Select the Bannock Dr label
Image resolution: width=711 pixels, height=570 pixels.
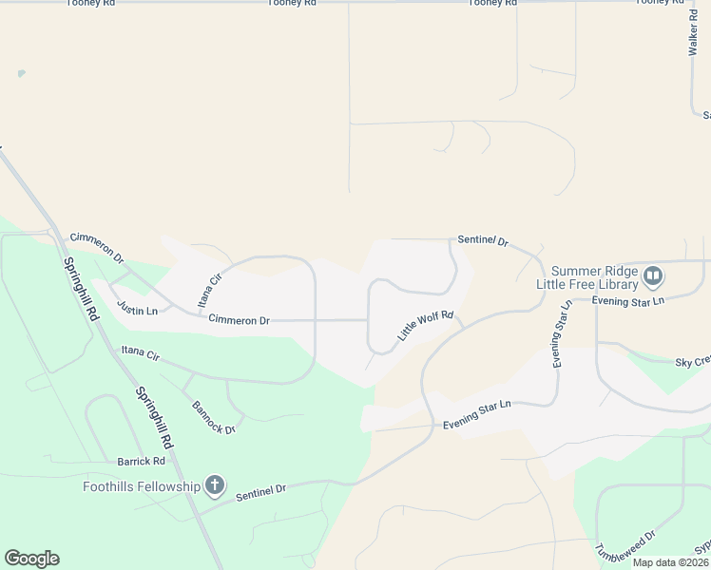(213, 416)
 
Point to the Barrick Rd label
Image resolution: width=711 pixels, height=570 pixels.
(141, 461)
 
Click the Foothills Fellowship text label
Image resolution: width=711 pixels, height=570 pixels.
(141, 487)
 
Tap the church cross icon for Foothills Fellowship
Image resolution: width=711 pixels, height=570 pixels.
(215, 486)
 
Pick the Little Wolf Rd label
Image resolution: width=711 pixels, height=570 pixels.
(426, 326)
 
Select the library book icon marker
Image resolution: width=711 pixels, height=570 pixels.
(653, 276)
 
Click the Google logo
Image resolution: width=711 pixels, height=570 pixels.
(31, 559)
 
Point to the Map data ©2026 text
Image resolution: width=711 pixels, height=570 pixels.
(671, 562)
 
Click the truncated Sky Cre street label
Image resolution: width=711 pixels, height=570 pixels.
(692, 363)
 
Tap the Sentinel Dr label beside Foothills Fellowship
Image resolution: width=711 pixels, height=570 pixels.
(260, 491)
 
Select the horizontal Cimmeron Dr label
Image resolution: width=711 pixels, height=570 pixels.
(239, 321)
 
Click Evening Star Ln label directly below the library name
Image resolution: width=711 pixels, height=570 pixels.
(627, 301)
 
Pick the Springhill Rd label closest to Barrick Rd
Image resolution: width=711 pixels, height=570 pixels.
(154, 417)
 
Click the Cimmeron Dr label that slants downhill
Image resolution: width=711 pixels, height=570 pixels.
(97, 246)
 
